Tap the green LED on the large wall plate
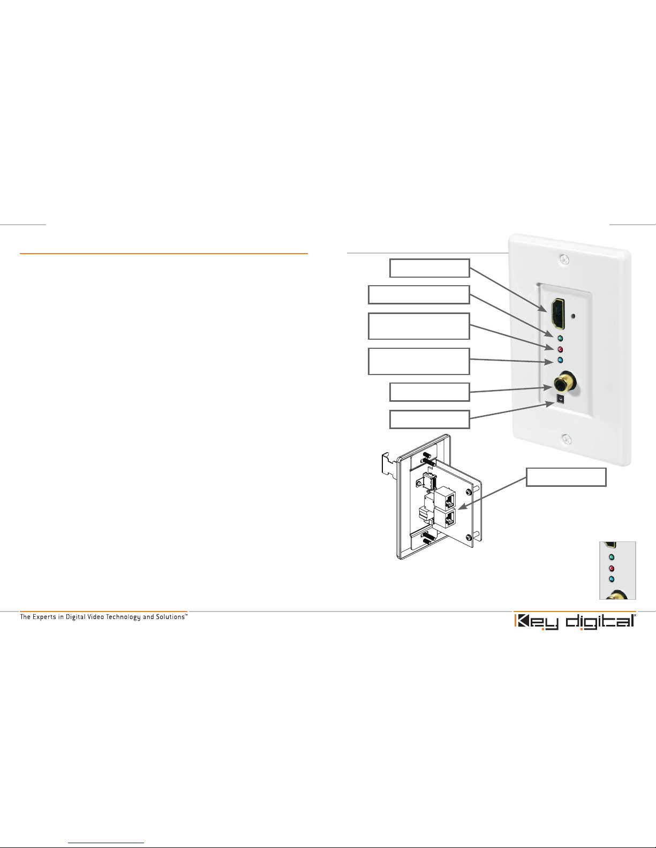[x=560, y=338]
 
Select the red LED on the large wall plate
[x=560, y=349]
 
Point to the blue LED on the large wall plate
[x=560, y=360]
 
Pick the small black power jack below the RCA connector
[x=561, y=399]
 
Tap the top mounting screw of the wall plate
[x=564, y=259]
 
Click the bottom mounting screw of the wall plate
[x=566, y=439]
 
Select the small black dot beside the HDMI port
[x=573, y=316]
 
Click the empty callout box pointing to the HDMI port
[x=429, y=268]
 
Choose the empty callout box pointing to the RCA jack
[x=429, y=392]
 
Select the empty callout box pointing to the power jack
[x=429, y=419]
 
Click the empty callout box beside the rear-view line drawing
[x=566, y=477]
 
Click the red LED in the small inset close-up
[x=612, y=569]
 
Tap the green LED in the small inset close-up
[x=612, y=557]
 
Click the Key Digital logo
[x=575, y=622]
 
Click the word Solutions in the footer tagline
[x=170, y=616]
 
